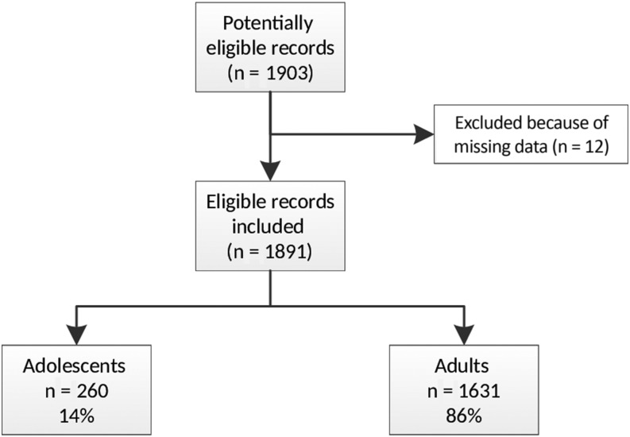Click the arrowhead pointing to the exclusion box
[422, 135]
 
